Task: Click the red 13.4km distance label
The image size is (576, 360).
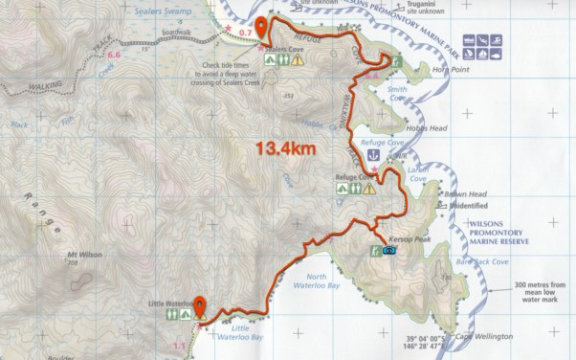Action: pyautogui.click(x=286, y=148)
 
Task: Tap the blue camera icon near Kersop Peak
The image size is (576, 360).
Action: pyautogui.click(x=390, y=251)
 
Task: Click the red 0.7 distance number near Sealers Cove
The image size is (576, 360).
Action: pyautogui.click(x=245, y=34)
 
